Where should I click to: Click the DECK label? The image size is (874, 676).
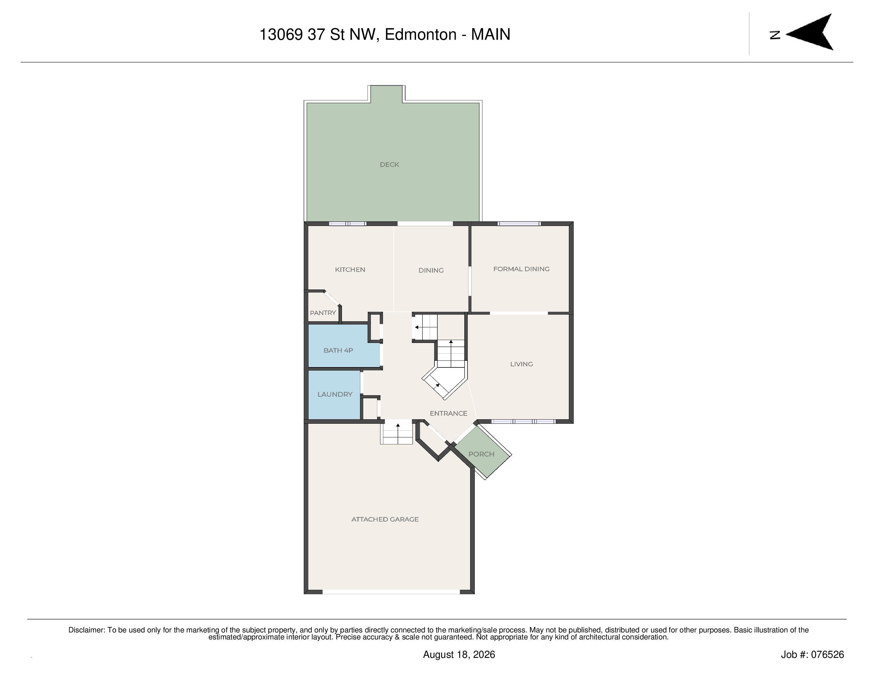[x=389, y=164]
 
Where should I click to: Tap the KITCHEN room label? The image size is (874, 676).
[x=350, y=270]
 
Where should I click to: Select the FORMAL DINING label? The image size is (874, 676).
[x=522, y=269]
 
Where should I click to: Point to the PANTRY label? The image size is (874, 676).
[x=323, y=313]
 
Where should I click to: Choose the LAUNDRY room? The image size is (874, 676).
[x=335, y=395]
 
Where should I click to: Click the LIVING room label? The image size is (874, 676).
[x=522, y=364]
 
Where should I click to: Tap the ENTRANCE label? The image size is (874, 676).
[x=449, y=414]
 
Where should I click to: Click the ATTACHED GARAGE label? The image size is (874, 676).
[x=385, y=519]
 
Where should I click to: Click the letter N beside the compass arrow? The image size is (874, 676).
[x=775, y=35]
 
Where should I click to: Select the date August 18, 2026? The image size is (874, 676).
[x=459, y=655]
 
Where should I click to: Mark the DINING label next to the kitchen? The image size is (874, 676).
[x=431, y=271]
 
